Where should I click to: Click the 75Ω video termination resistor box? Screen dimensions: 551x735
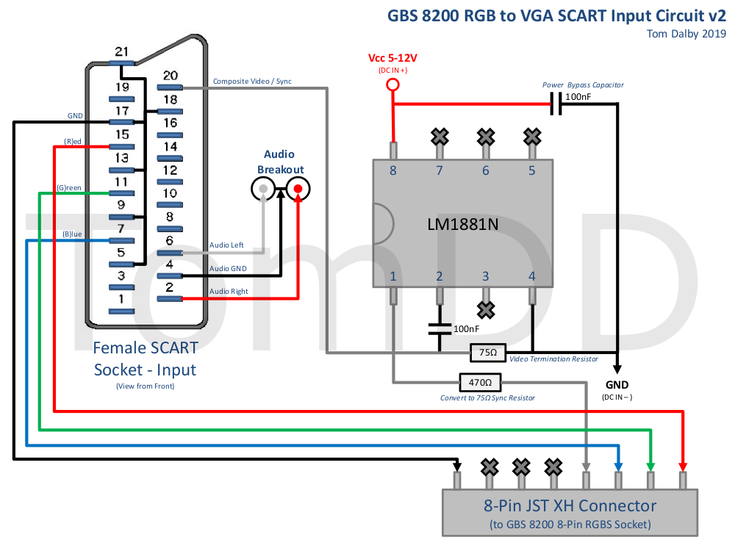[x=489, y=353]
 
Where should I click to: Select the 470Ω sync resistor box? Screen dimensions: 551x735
[x=480, y=382]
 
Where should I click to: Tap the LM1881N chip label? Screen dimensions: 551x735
[x=463, y=224]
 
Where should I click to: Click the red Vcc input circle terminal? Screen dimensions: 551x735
[x=392, y=84]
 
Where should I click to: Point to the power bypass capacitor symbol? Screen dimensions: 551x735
[x=557, y=104]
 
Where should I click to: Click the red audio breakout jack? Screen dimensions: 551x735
[x=298, y=190]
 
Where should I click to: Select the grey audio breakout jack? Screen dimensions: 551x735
[x=262, y=190]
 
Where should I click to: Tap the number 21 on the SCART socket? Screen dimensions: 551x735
[x=122, y=51]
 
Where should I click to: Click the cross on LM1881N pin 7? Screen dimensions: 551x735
[x=440, y=136]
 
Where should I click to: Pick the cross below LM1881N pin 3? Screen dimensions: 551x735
[x=485, y=309]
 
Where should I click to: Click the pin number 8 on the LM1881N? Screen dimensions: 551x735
[x=393, y=170]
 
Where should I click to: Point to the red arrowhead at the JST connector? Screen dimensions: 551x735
[x=684, y=466]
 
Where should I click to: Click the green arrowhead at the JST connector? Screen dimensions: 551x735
[x=650, y=466]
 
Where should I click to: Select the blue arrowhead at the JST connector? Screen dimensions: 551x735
[x=618, y=466]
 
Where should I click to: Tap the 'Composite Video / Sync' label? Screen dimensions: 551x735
[x=252, y=81]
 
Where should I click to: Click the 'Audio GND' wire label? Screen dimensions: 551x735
[x=228, y=268]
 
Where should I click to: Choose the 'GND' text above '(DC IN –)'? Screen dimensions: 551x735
[x=617, y=385]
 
